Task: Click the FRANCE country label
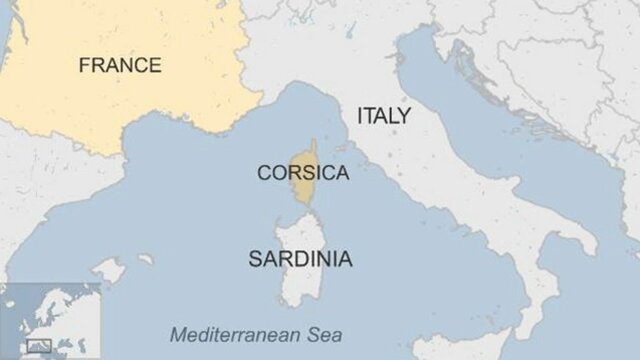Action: click(x=120, y=66)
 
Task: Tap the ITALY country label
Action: click(x=383, y=116)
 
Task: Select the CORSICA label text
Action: click(x=303, y=173)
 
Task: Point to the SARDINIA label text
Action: click(x=300, y=259)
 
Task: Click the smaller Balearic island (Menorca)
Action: click(x=146, y=259)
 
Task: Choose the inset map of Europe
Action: click(x=50, y=321)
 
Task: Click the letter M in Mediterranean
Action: click(x=176, y=335)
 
